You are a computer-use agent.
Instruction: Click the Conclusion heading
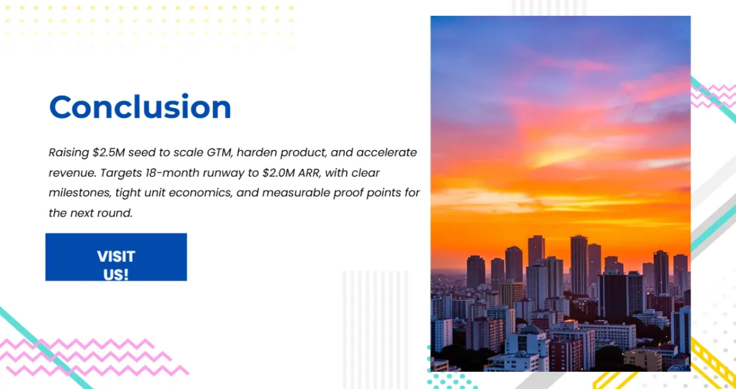coord(140,107)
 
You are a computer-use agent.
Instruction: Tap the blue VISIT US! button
coord(116,257)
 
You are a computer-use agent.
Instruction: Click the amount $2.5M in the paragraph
coord(109,153)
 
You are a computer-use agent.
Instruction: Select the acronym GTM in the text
coord(220,153)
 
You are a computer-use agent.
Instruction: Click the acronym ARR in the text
coord(309,173)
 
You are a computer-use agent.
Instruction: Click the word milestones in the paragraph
coord(80,193)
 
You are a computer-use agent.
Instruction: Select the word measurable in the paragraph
coord(296,193)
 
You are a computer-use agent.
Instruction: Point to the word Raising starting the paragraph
coord(69,153)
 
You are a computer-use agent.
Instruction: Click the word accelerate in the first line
coord(387,153)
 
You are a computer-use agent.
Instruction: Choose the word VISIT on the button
coord(116,256)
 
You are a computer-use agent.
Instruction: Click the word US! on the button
coord(116,275)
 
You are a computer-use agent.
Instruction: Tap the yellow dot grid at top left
coord(150,26)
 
